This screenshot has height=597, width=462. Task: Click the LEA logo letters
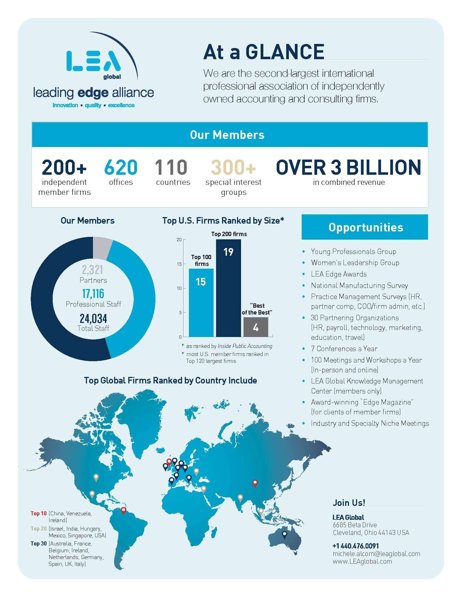(93, 61)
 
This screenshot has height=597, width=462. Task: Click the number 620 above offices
(121, 167)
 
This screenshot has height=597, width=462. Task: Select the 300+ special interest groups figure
(233, 167)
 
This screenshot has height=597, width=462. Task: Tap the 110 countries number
(171, 167)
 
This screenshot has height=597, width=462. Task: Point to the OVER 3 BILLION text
(348, 167)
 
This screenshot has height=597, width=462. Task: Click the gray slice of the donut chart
(102, 247)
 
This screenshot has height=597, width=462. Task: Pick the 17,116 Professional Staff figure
(93, 294)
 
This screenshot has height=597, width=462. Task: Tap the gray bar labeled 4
(256, 327)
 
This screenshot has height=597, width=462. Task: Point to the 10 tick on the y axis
(179, 288)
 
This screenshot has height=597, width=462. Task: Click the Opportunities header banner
(364, 227)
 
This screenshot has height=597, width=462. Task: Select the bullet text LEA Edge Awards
(339, 274)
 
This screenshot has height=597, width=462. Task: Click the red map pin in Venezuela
(123, 510)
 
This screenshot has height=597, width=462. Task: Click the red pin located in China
(255, 483)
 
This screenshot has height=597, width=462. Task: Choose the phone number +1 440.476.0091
(355, 546)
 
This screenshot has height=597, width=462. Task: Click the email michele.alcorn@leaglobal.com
(376, 554)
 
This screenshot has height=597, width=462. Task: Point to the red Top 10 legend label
(39, 513)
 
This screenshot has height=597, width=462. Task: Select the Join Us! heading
(349, 502)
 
